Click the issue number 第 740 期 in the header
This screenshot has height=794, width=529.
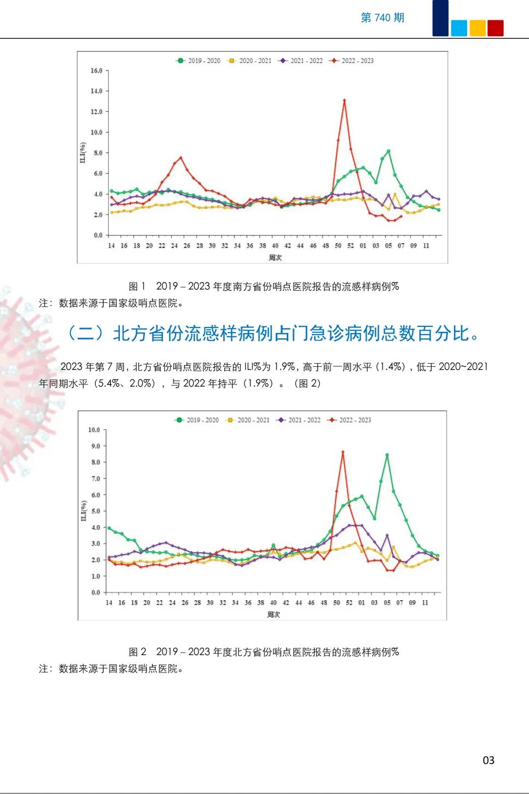point(382,18)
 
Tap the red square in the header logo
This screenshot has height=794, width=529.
point(495,28)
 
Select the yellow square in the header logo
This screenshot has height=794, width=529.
point(478,28)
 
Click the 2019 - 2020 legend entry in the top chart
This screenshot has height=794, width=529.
point(198,61)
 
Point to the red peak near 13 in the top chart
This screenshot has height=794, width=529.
point(344,100)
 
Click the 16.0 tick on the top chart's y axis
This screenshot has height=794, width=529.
point(96,71)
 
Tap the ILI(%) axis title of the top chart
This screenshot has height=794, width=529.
point(83,152)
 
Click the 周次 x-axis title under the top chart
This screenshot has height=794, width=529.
point(275,257)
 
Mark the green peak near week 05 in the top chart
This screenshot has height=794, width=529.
point(388,151)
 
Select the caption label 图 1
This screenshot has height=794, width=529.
point(137,286)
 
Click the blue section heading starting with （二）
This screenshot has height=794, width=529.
point(272,333)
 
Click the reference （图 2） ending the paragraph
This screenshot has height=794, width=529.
point(307,383)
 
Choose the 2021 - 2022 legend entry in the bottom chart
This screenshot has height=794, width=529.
point(299,420)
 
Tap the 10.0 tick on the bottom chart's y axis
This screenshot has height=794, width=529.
point(94,430)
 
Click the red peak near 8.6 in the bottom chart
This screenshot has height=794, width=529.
point(342,452)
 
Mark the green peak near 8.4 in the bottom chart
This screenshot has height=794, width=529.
point(387,455)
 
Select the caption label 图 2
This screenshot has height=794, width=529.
point(137,652)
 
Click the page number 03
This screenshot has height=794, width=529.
point(489,760)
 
